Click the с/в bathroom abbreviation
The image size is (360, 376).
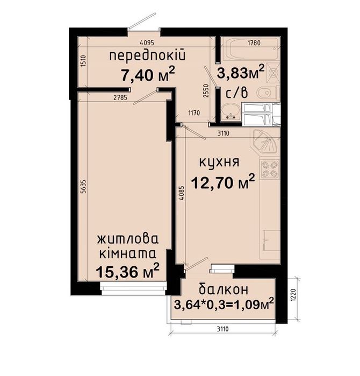click(237, 92)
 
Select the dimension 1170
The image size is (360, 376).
click(194, 113)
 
